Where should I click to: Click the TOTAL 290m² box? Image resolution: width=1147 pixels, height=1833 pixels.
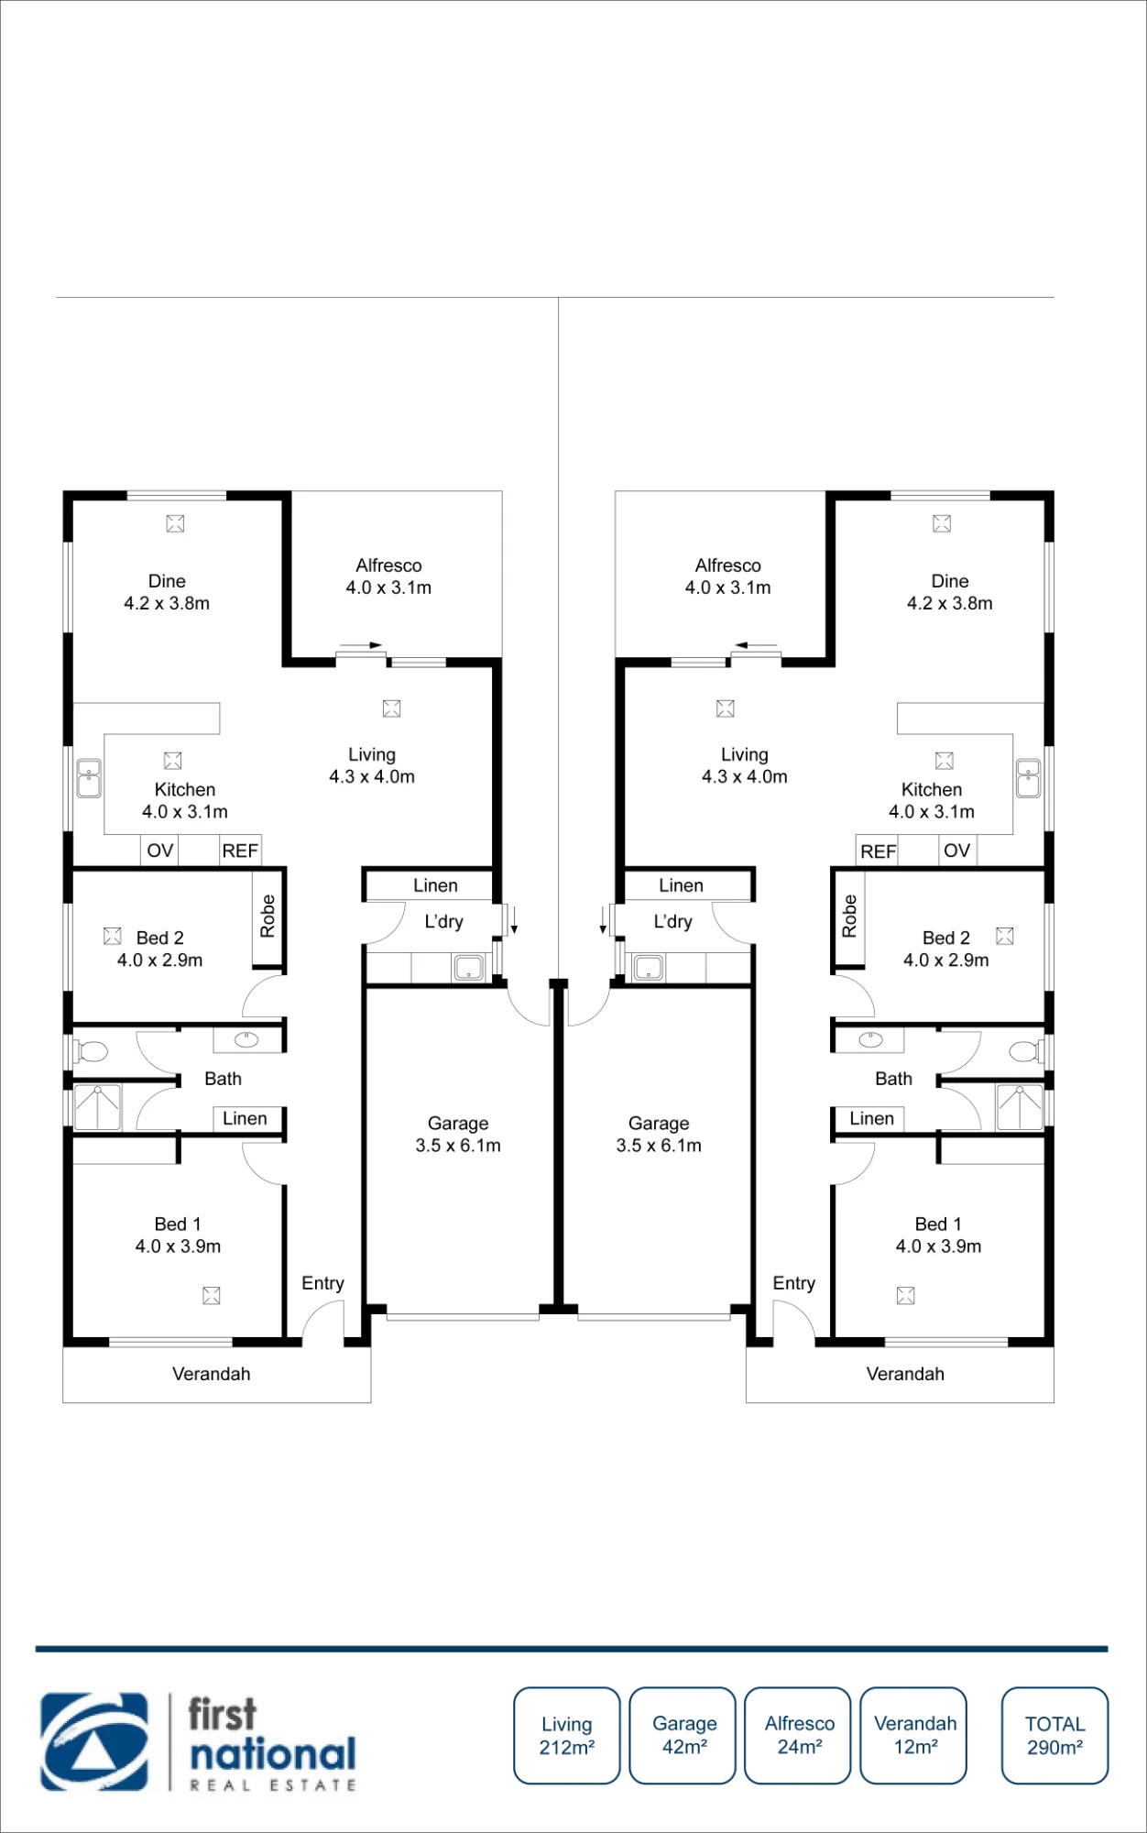pos(1054,1735)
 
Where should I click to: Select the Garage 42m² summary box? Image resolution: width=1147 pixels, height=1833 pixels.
pos(683,1735)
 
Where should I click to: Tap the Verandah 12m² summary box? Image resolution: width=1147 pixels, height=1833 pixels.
pos(913,1735)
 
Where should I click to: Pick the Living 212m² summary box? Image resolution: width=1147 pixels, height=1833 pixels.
pos(567,1735)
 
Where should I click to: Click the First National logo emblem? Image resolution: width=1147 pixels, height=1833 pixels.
pos(93,1741)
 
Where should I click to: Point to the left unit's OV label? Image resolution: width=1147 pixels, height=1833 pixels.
pos(160,851)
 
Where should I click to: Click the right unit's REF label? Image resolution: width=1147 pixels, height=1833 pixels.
pos(878,851)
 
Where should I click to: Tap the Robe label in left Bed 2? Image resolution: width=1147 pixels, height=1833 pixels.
pos(268,916)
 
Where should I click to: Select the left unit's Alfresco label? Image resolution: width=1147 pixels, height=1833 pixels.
pos(388,565)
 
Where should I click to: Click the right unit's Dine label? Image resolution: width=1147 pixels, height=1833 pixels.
pos(950,581)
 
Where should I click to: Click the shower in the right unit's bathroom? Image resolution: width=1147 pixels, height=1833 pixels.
pos(1020,1107)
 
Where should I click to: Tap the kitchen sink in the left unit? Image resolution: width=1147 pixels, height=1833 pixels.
pos(89,779)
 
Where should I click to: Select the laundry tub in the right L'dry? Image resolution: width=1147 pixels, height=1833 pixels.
pos(649,967)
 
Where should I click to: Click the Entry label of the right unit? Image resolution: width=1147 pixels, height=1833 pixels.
pos(794,1283)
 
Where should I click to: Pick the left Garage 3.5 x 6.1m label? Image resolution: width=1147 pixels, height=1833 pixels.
pos(458,1135)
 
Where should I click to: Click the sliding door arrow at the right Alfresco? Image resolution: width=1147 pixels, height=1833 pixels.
pos(756,645)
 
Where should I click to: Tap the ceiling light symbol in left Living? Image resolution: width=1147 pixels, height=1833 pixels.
pos(391,708)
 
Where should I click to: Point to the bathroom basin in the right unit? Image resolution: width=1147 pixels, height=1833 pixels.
pos(870,1039)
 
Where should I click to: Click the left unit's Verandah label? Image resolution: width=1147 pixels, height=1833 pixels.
pos(212,1374)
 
